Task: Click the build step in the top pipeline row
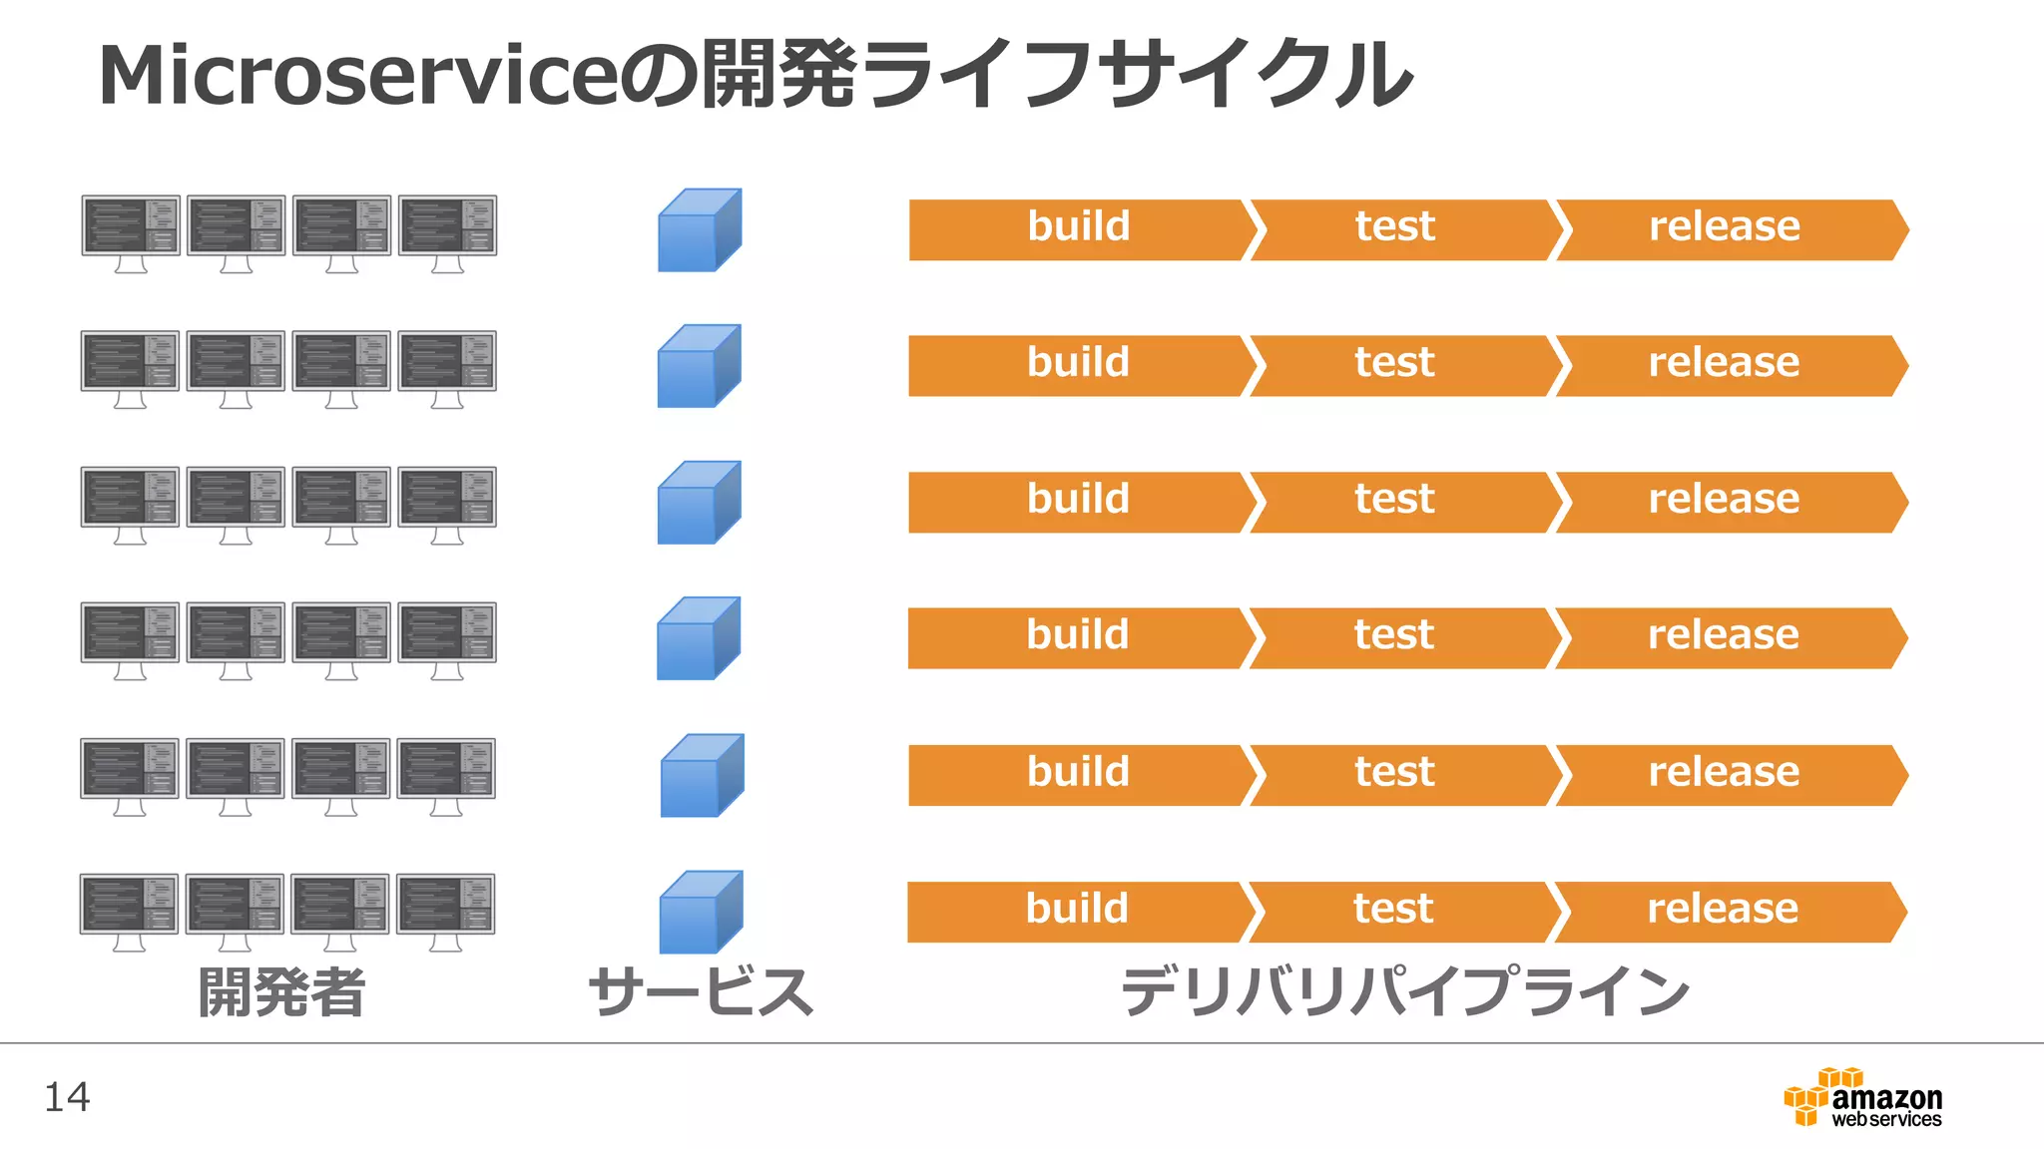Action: (1078, 228)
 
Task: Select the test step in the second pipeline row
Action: (1395, 364)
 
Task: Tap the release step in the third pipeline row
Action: (1725, 501)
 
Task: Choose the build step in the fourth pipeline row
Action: (1077, 636)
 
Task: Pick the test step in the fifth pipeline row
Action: (1395, 774)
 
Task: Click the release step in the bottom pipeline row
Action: (1724, 911)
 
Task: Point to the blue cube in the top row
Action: (699, 230)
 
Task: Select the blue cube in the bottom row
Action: (700, 912)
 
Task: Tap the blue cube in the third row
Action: (698, 503)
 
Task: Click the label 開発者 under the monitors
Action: (281, 992)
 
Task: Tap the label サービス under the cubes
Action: (700, 992)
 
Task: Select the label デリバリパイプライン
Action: (1404, 992)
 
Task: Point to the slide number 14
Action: (67, 1097)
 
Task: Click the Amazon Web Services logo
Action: (1862, 1098)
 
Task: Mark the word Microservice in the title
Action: (357, 76)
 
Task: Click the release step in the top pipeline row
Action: (1725, 228)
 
